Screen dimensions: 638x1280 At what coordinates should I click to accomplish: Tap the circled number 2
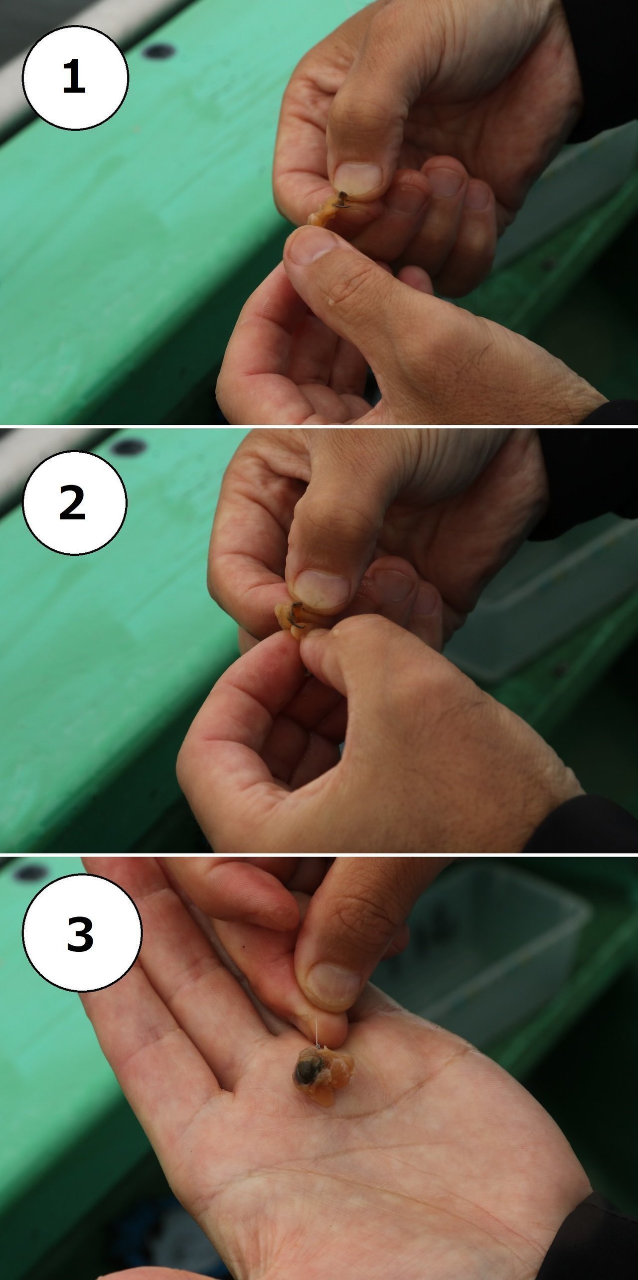(75, 503)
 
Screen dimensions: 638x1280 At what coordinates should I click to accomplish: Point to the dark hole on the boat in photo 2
(127, 447)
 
